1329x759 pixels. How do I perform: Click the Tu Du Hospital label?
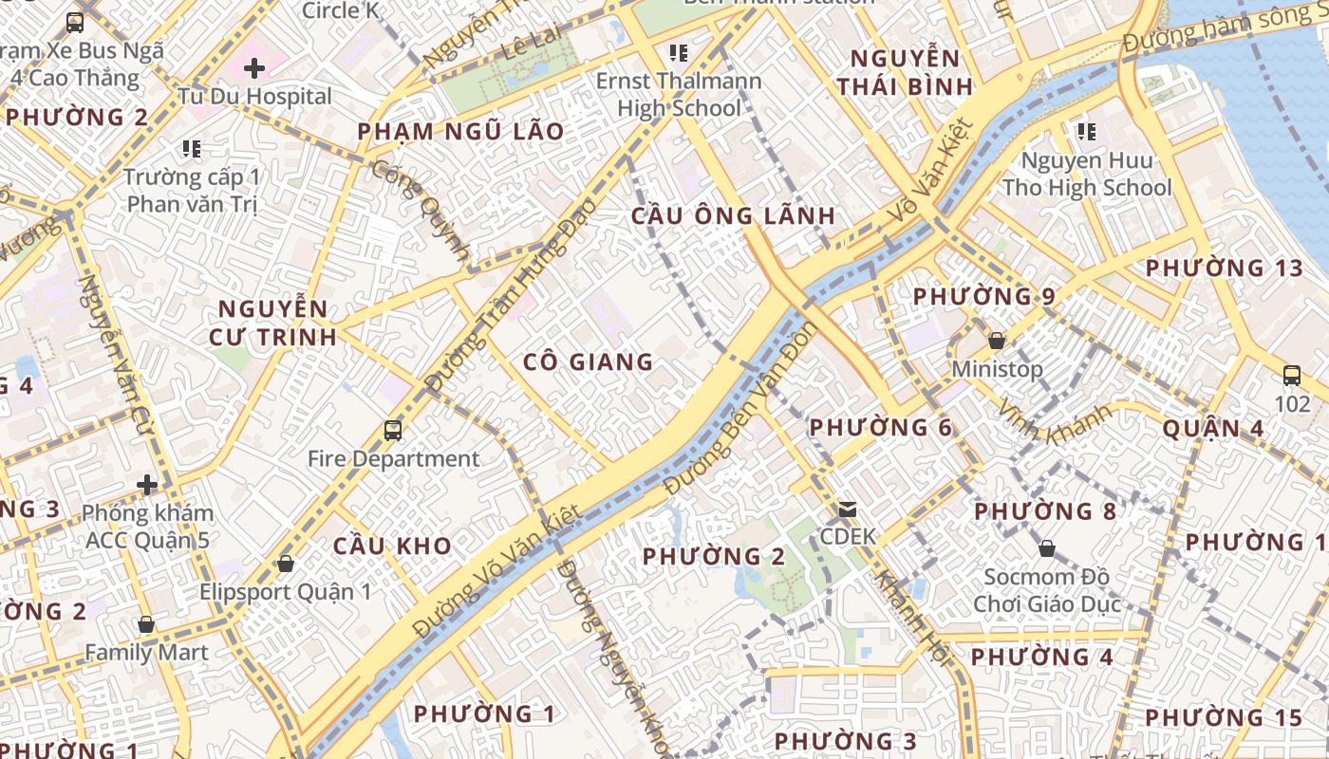pyautogui.click(x=254, y=96)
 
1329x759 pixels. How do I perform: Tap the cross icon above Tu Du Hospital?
pyautogui.click(x=253, y=68)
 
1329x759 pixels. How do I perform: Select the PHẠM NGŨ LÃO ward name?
pyautogui.click(x=460, y=132)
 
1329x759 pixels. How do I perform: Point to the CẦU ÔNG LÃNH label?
pyautogui.click(x=734, y=216)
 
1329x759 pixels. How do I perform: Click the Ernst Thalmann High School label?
pyautogui.click(x=679, y=94)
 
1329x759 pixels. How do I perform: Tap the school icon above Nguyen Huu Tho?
pyautogui.click(x=1087, y=132)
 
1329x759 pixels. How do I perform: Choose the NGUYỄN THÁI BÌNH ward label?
pyautogui.click(x=905, y=72)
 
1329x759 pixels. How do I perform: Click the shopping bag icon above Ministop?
pyautogui.click(x=997, y=340)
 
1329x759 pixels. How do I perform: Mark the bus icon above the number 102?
pyautogui.click(x=1292, y=375)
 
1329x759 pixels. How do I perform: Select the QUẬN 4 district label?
pyautogui.click(x=1213, y=429)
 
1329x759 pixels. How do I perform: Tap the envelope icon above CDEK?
pyautogui.click(x=847, y=509)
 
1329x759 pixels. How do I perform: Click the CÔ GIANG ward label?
pyautogui.click(x=589, y=361)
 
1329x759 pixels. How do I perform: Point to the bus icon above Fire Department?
pyautogui.click(x=393, y=431)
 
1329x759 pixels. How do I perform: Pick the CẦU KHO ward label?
pyautogui.click(x=392, y=546)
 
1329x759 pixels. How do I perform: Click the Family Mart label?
pyautogui.click(x=146, y=653)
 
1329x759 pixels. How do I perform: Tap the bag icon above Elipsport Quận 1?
pyautogui.click(x=285, y=564)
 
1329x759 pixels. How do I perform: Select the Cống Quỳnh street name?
pyautogui.click(x=421, y=210)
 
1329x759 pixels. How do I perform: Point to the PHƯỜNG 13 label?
pyautogui.click(x=1225, y=268)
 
